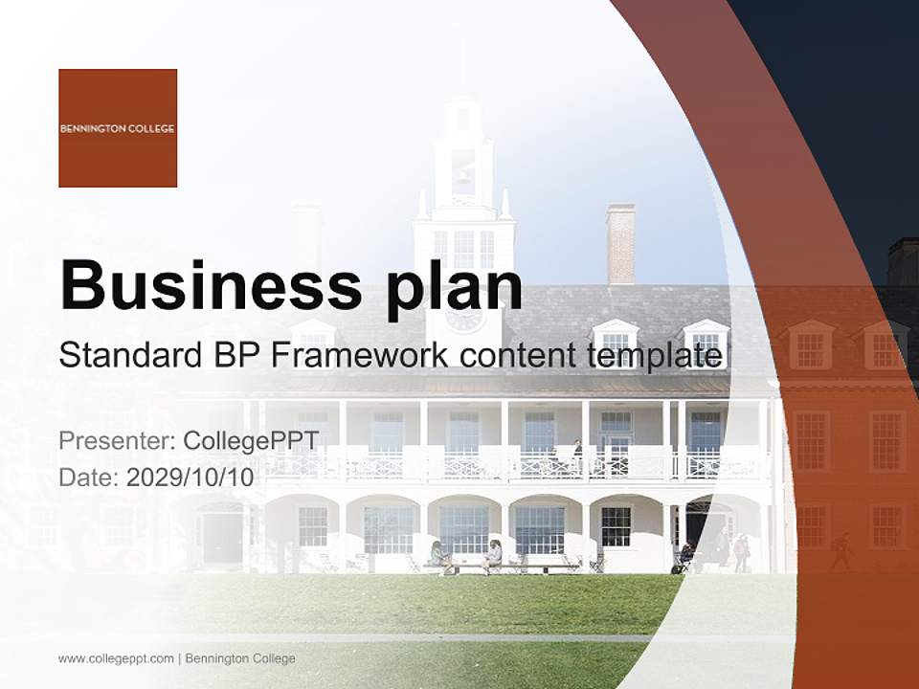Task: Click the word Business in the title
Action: coord(210,284)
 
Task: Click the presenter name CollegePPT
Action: coord(251,441)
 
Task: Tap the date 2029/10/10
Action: coord(191,478)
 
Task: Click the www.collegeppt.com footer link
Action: coord(116,658)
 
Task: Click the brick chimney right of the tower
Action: coord(620,245)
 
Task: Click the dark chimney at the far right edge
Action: coord(903,261)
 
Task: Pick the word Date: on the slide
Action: coord(90,478)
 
